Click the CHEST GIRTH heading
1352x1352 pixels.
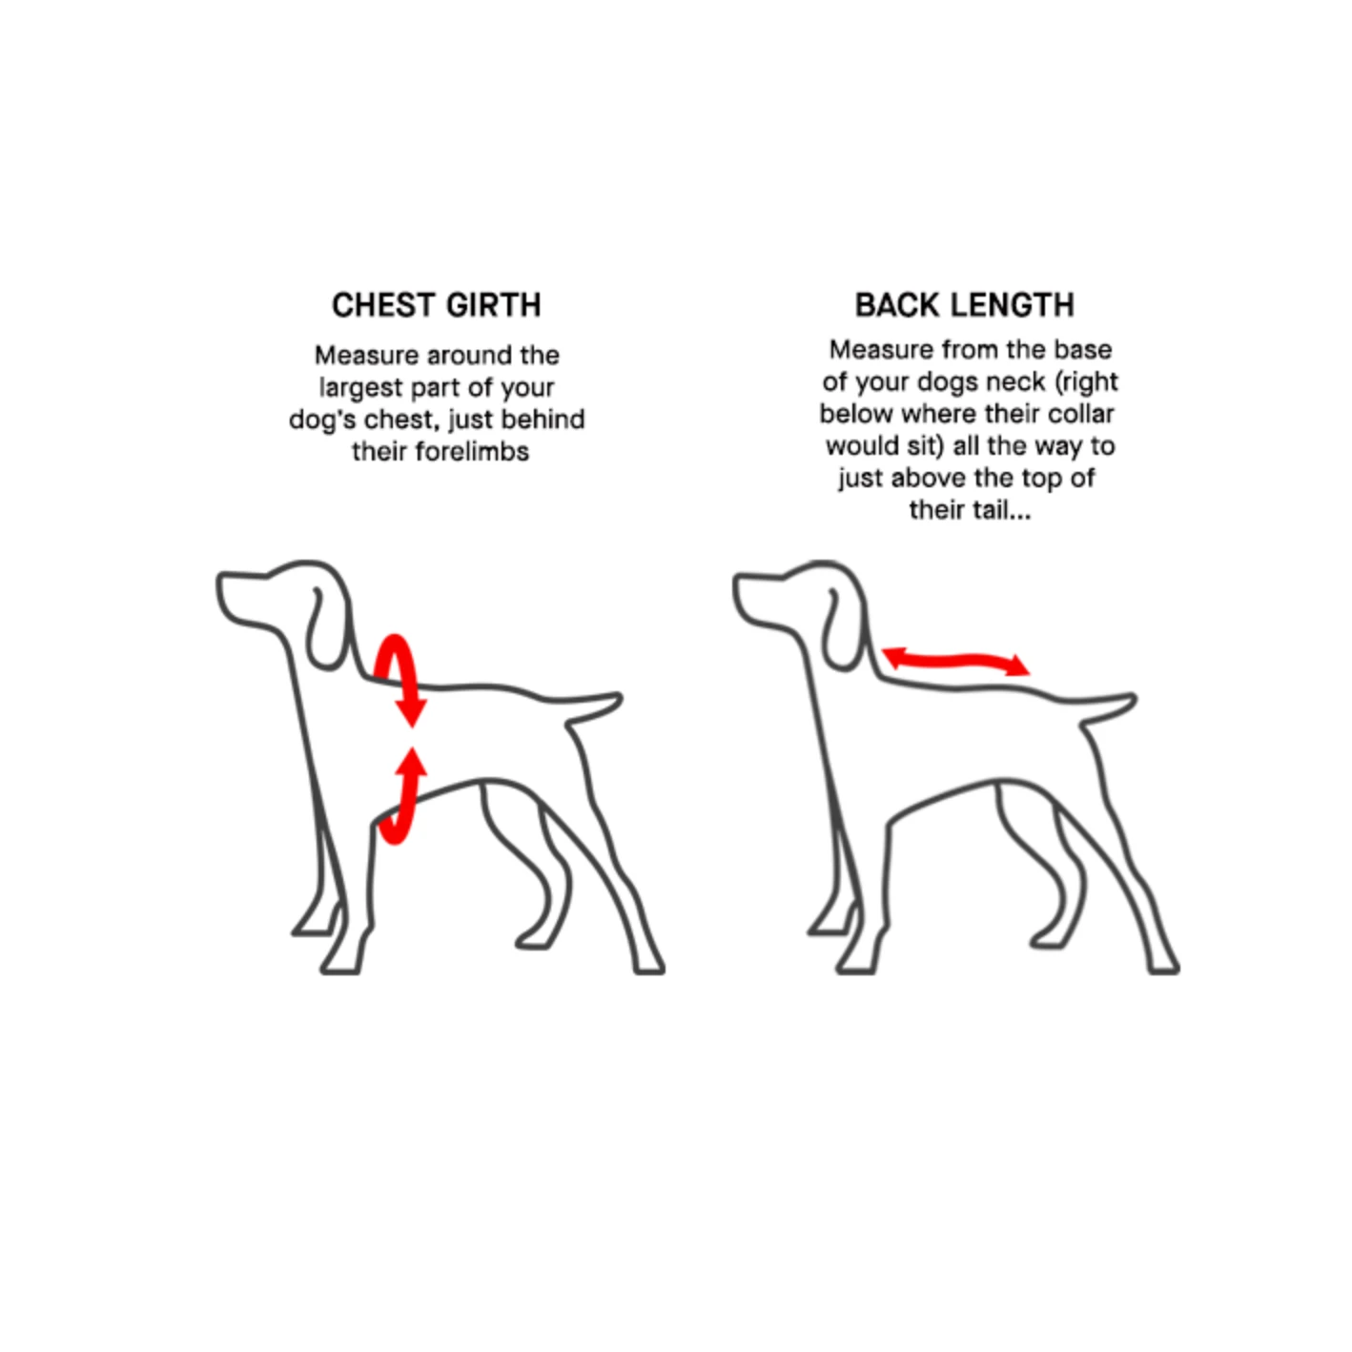point(436,305)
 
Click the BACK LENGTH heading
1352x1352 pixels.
point(965,305)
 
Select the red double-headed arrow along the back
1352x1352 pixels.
point(955,660)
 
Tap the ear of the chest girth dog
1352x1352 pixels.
point(328,628)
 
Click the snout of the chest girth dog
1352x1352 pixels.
point(242,597)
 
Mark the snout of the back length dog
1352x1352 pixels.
point(759,597)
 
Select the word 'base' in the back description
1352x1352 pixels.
point(1086,349)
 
